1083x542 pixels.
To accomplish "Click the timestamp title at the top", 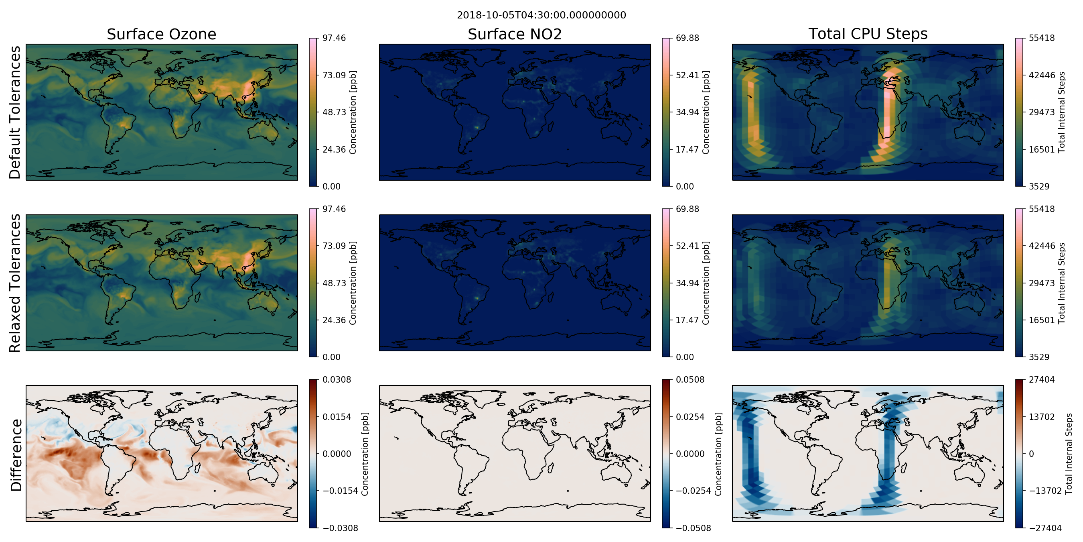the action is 541,15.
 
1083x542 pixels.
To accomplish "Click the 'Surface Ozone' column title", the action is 161,34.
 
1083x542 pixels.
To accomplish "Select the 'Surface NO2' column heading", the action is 515,34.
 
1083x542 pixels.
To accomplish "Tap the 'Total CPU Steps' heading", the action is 868,34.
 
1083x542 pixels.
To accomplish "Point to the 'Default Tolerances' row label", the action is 15,112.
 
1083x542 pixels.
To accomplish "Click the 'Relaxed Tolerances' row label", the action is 15,283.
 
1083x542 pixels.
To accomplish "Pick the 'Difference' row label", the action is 16,455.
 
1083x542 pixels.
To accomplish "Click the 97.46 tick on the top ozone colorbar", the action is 334,38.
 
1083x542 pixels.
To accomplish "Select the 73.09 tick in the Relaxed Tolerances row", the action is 334,246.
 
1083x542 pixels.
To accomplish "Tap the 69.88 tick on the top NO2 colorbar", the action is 688,38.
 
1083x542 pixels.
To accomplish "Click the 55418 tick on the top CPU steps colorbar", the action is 1041,38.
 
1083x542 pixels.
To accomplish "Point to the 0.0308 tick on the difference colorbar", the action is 337,379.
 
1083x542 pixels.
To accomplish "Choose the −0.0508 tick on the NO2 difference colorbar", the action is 693,528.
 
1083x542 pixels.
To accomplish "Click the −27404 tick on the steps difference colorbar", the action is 1045,528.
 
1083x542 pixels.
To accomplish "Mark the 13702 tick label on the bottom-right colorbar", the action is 1041,417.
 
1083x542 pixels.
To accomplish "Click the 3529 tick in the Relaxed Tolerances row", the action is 1039,357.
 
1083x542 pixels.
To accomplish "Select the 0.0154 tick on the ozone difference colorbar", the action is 337,417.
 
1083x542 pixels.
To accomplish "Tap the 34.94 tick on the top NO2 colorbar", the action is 688,112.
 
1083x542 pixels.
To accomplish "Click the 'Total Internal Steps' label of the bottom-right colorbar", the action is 1069,454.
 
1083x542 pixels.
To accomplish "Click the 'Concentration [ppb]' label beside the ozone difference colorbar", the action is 365,454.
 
